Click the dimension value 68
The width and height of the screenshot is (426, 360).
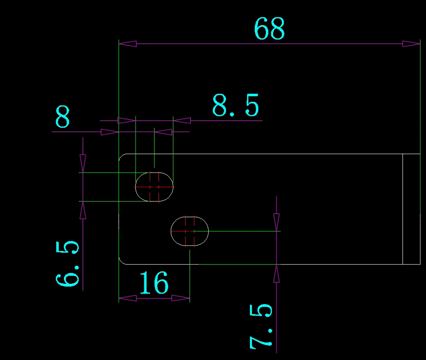point(269,29)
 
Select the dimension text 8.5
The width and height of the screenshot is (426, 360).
point(236,106)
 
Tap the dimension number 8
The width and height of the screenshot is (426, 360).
point(63,118)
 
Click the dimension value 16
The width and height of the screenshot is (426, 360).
point(154,283)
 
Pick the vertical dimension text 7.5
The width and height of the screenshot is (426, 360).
point(261,326)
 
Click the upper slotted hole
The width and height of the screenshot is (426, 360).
point(154,187)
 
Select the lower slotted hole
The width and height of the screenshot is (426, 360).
point(190,231)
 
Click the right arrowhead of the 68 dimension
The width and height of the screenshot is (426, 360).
point(411,43)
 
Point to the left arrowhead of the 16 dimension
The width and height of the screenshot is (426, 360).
point(127,298)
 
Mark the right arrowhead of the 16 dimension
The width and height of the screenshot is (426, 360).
point(181,298)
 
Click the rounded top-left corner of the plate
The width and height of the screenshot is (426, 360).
point(121,156)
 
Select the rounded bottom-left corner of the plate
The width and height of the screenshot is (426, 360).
point(121,261)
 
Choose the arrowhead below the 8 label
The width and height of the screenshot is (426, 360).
point(109,132)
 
